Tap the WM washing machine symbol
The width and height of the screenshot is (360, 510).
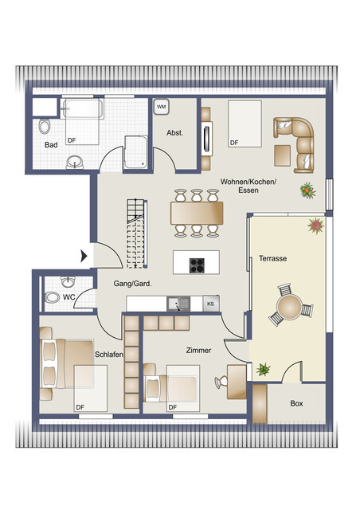[161, 106]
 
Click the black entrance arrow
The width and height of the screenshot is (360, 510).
[84, 256]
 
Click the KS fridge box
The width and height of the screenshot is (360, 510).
[210, 303]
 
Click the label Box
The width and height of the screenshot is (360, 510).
[296, 403]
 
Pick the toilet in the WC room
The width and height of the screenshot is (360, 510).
[53, 297]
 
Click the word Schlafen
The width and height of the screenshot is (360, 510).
[109, 354]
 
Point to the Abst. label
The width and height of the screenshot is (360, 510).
[174, 132]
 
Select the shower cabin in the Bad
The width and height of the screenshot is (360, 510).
[136, 152]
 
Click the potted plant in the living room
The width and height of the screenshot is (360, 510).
[306, 190]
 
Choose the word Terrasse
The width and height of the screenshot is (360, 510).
[272, 259]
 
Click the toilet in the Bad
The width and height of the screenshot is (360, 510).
[45, 125]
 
